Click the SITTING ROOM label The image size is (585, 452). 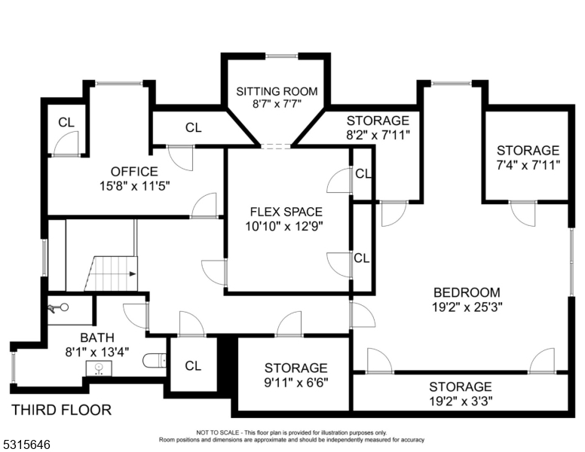coord(277,91)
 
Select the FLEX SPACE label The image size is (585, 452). coord(286,211)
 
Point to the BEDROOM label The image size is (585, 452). coord(467,292)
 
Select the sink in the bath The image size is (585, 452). coord(98,368)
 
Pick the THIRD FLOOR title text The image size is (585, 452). coord(61,410)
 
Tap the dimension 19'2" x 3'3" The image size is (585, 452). coord(462,401)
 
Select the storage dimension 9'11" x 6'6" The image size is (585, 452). coord(296,382)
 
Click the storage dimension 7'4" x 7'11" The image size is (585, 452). coord(528,165)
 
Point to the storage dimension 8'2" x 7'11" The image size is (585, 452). coord(378,135)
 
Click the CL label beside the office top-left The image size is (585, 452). coord(66,123)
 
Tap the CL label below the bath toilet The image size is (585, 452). coord(193,366)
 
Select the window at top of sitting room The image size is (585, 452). coord(281,55)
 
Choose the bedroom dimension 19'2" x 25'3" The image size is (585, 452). coord(467,307)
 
